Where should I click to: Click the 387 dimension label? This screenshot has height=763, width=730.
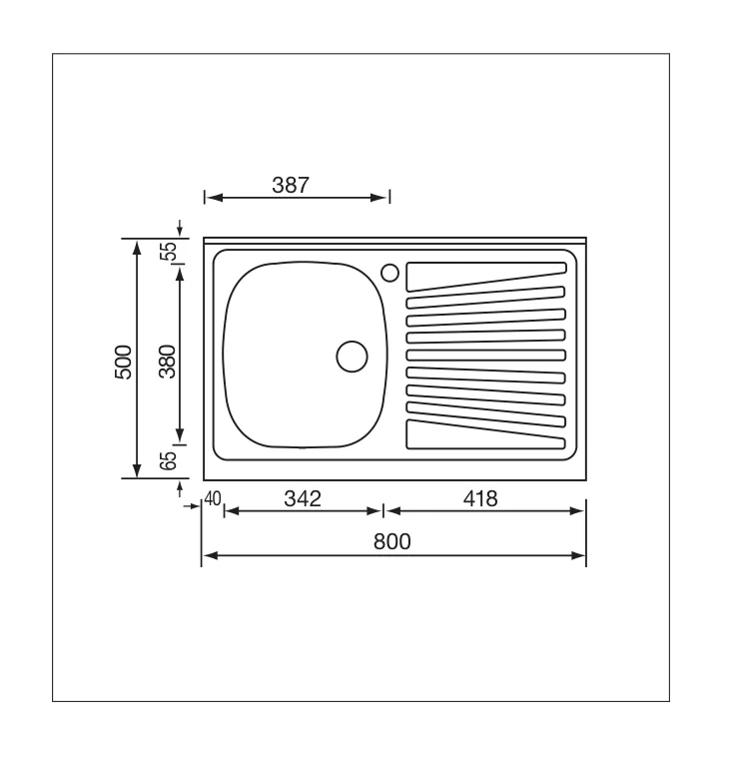tap(291, 186)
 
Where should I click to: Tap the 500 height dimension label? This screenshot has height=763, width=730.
tap(123, 363)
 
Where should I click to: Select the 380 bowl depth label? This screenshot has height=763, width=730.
tap(168, 362)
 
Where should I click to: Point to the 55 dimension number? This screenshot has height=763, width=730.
tap(169, 251)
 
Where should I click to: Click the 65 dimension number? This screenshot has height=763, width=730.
tap(169, 460)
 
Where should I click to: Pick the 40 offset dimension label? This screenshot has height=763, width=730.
tap(213, 498)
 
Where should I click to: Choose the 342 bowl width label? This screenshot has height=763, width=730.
tap(303, 498)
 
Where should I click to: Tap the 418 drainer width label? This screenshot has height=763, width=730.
tap(480, 498)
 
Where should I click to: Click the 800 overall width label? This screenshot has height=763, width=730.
tap(392, 541)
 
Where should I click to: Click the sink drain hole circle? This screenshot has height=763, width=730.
tap(352, 357)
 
